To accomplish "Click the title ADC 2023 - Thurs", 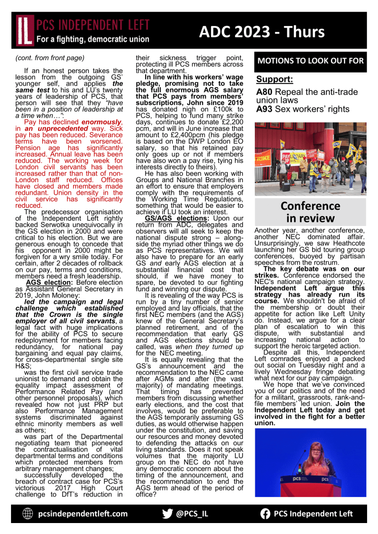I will tap(262, 31).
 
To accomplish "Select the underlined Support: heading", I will tap(274, 80).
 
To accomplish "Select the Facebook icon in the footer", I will tap(265, 514).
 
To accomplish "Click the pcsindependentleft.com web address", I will tap(82, 514).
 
